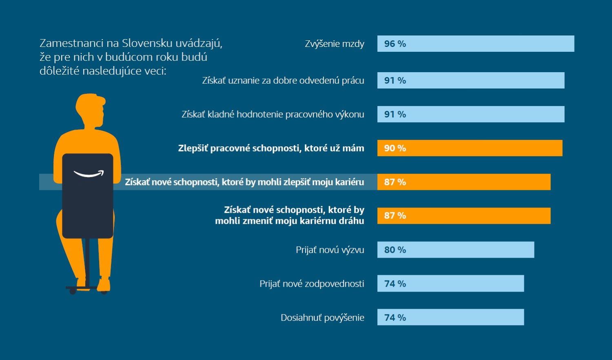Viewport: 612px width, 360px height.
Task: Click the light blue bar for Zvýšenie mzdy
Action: tap(475, 44)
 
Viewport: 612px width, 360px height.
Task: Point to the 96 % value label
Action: tap(395, 44)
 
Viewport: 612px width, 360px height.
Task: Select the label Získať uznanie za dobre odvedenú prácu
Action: tap(283, 81)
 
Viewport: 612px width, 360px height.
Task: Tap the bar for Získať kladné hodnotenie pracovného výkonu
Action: tap(470, 114)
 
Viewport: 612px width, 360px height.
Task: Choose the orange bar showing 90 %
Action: tap(469, 148)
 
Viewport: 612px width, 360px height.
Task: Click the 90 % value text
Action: tap(395, 148)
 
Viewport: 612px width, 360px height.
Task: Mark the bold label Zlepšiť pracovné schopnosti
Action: tap(271, 148)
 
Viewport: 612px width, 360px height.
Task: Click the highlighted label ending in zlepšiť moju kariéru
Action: tap(244, 182)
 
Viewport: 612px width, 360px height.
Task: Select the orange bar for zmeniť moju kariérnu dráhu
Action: tap(463, 216)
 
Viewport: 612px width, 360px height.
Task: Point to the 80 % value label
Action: tap(395, 250)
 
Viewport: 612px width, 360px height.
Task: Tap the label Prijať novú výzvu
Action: tap(330, 250)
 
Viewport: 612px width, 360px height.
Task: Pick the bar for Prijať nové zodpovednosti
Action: tap(450, 283)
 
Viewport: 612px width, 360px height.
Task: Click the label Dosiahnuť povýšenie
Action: tap(322, 318)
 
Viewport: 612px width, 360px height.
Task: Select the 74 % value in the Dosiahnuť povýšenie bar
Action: tap(395, 318)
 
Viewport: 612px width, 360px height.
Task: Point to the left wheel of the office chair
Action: tap(73, 291)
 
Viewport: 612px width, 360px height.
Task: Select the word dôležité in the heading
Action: tap(60, 71)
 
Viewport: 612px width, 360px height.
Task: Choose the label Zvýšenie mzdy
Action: tap(334, 44)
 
